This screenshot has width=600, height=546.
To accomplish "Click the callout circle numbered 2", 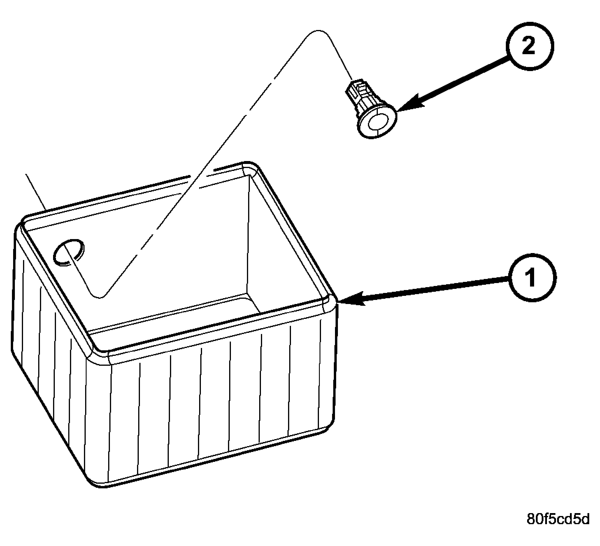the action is (530, 47).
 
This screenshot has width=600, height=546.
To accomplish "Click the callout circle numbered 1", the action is (532, 277).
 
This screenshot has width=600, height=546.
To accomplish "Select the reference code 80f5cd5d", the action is (558, 527).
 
